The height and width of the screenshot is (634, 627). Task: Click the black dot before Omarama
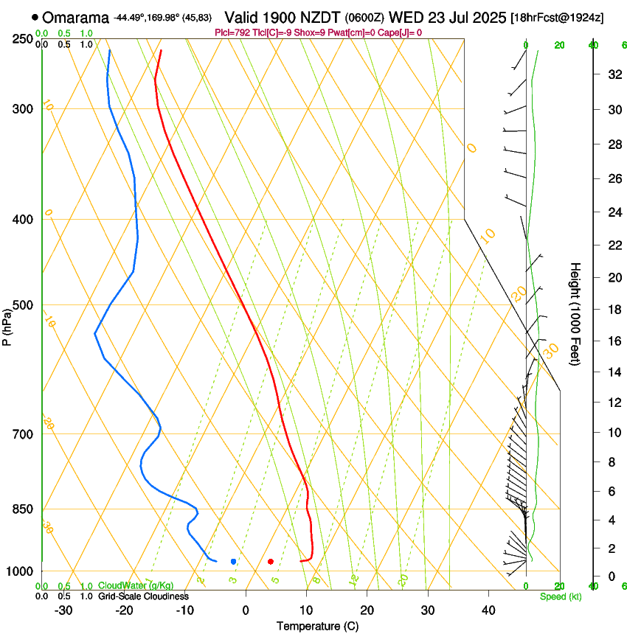pyautogui.click(x=35, y=16)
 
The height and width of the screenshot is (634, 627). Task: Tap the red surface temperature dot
pyautogui.click(x=271, y=562)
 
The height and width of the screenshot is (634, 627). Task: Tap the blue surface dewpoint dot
pyautogui.click(x=233, y=562)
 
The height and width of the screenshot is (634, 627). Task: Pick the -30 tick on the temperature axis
pyautogui.click(x=63, y=610)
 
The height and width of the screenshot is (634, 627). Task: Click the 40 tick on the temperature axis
pyautogui.click(x=488, y=610)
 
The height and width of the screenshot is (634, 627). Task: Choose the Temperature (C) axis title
pyautogui.click(x=317, y=626)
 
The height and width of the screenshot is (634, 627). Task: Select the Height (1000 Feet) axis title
pyautogui.click(x=576, y=313)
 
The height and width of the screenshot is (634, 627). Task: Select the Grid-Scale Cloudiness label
pyautogui.click(x=143, y=596)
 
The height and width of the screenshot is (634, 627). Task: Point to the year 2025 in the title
pyautogui.click(x=488, y=17)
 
